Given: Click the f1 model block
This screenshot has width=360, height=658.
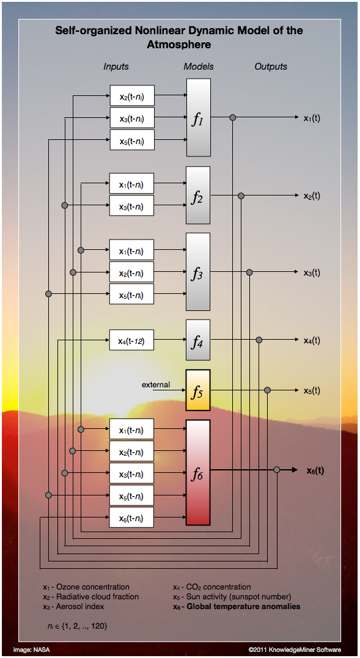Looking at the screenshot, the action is pyautogui.click(x=199, y=117).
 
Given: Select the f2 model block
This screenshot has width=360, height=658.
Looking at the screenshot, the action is pyautogui.click(x=198, y=195).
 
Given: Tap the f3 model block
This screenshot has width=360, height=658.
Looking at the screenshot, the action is pyautogui.click(x=198, y=272).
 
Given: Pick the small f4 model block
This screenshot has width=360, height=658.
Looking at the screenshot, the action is pyautogui.click(x=198, y=340).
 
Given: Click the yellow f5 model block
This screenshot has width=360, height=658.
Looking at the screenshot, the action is pyautogui.click(x=198, y=390).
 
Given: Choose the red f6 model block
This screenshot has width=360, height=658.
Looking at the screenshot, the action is pyautogui.click(x=198, y=472).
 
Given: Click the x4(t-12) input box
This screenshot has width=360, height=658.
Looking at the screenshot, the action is pyautogui.click(x=132, y=340).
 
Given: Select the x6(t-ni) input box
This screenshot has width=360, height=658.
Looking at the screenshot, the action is pyautogui.click(x=132, y=517).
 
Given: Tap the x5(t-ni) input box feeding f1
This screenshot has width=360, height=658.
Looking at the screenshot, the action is pyautogui.click(x=132, y=140).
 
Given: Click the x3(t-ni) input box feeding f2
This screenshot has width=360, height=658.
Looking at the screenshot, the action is pyautogui.click(x=132, y=206).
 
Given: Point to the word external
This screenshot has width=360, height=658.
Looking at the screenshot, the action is pyautogui.click(x=156, y=384).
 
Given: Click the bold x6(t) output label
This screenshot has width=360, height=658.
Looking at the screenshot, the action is pyautogui.click(x=315, y=470).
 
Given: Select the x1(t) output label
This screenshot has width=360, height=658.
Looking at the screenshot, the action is pyautogui.click(x=312, y=118).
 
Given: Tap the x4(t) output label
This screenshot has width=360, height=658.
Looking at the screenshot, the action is pyautogui.click(x=312, y=340).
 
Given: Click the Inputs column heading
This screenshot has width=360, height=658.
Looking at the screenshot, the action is pyautogui.click(x=116, y=67).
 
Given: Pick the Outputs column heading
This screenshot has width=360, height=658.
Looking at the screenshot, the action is pyautogui.click(x=271, y=67).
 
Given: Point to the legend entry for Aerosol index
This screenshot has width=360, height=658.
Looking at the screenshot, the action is pyautogui.click(x=73, y=607).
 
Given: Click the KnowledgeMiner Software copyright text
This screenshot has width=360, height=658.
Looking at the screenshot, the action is pyautogui.click(x=295, y=649).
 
